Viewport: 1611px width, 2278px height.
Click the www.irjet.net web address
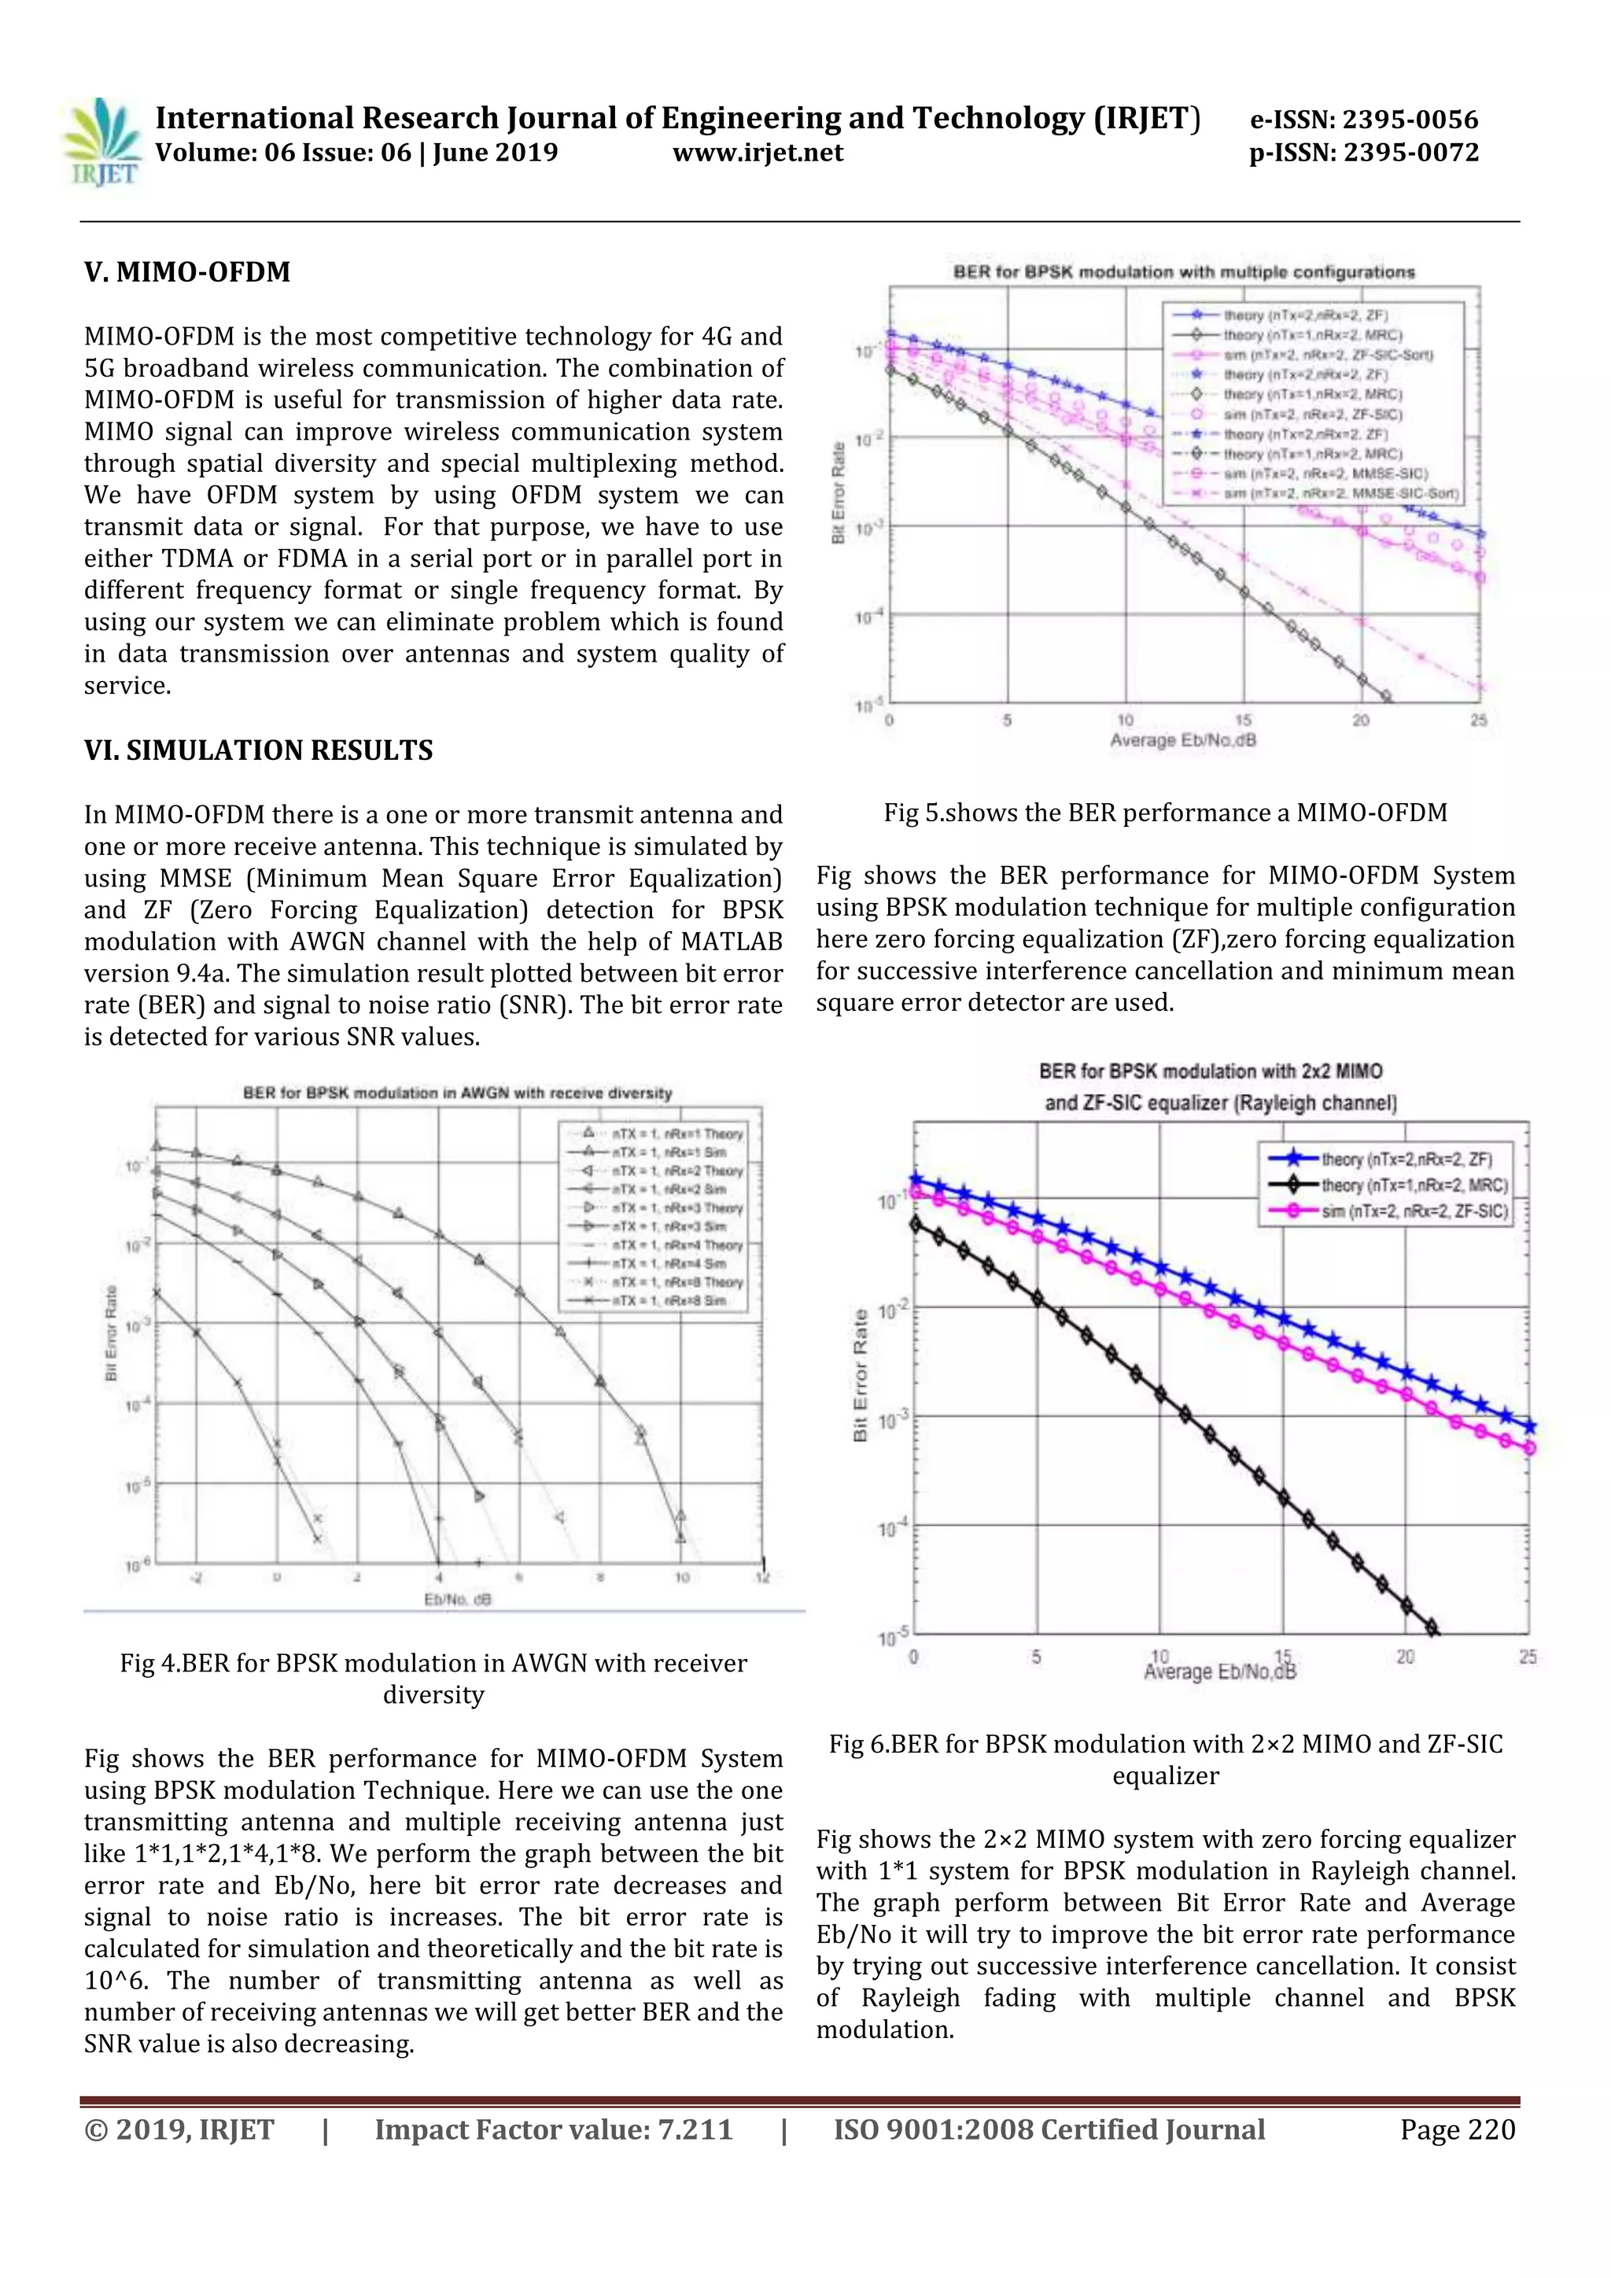[x=758, y=153]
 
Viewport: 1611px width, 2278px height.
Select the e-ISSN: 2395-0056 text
[x=1363, y=120]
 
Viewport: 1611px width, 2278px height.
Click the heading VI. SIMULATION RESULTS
[x=258, y=750]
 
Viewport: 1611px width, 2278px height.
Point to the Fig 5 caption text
[x=1166, y=813]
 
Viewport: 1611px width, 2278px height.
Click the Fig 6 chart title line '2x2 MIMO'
[x=1211, y=1071]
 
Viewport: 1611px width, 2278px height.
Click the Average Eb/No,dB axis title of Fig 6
[x=1219, y=1673]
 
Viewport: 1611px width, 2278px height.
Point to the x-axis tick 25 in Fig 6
[x=1527, y=1656]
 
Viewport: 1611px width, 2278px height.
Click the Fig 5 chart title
[x=1183, y=272]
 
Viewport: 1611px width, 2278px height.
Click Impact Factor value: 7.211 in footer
[x=554, y=2129]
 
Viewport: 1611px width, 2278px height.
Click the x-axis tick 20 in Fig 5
[x=1360, y=721]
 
